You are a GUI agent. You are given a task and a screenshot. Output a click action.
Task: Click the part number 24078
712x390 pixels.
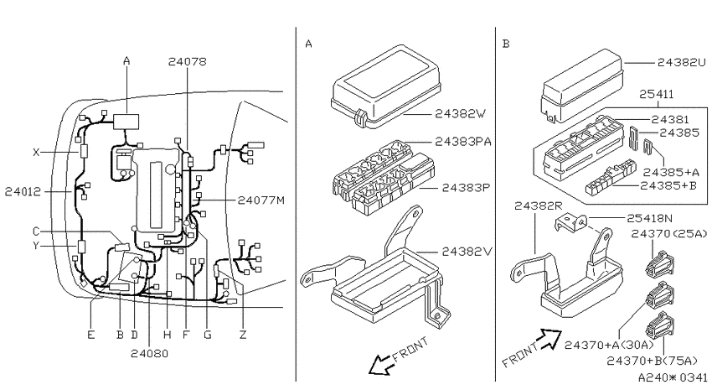point(187,61)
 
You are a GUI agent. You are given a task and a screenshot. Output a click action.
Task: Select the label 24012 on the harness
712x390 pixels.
point(23,192)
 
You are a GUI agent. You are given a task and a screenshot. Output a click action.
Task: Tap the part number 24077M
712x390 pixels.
point(261,200)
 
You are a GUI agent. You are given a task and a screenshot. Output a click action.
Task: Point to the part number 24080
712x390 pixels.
point(149,353)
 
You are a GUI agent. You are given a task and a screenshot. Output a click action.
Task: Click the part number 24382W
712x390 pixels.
point(461,113)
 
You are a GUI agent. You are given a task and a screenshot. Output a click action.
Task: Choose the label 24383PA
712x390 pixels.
point(463,142)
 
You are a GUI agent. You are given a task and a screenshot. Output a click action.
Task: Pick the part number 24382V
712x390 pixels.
point(467,252)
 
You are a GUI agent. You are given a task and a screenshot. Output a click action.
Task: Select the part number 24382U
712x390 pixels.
point(682,62)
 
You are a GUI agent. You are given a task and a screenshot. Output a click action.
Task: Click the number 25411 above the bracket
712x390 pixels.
point(656,94)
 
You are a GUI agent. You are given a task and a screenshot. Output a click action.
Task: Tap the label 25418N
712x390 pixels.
point(649,219)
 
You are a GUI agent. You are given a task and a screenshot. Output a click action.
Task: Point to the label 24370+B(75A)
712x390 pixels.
point(652,361)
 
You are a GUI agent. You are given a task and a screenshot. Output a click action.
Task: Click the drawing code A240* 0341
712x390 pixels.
point(673,377)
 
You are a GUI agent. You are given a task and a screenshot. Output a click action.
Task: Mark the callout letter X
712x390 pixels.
point(36,153)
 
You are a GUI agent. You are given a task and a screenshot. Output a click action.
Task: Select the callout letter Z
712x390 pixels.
point(243,335)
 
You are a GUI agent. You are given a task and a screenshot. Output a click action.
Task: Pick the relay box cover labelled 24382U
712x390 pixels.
point(581,86)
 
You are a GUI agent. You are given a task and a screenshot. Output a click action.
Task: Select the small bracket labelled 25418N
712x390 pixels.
point(572,223)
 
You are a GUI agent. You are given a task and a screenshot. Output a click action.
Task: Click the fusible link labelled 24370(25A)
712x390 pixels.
point(660,263)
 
